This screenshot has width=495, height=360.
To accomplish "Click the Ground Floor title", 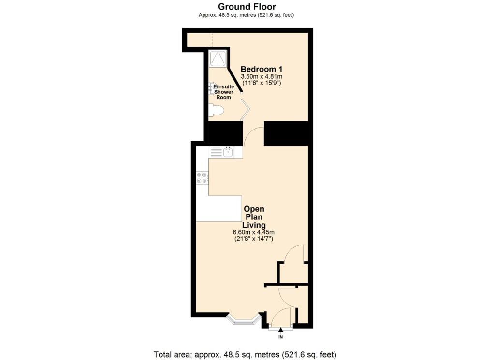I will (247, 6).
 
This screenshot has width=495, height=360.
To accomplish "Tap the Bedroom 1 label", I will (262, 69).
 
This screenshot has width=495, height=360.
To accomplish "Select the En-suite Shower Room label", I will (223, 92).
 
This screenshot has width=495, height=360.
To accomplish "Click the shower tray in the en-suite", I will (218, 58).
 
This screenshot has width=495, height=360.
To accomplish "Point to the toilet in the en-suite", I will (217, 111).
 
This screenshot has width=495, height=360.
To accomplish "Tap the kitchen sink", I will (228, 153).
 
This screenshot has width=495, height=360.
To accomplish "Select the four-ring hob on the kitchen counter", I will (202, 177).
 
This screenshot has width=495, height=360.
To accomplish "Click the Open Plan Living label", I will (254, 217).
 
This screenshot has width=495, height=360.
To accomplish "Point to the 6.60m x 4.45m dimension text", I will (254, 232).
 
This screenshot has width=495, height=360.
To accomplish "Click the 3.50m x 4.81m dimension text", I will (262, 76).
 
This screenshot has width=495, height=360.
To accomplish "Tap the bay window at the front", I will (244, 319).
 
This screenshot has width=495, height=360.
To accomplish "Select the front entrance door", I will (281, 319).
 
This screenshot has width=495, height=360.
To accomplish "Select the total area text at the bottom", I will (245, 354).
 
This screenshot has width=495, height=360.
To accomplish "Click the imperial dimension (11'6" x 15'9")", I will (262, 83).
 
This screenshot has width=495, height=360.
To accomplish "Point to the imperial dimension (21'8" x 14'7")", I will (254, 239).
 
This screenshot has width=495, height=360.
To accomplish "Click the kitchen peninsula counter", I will (220, 208).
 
